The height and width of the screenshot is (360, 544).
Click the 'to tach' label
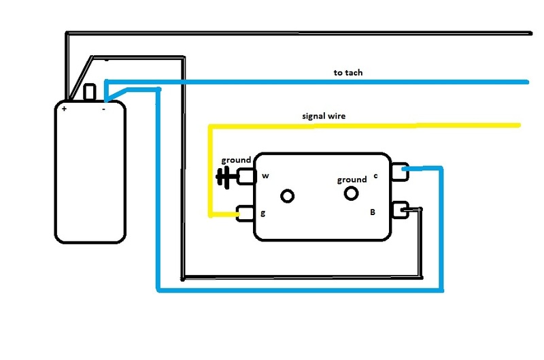[348, 73]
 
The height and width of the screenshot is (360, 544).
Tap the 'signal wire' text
[324, 116]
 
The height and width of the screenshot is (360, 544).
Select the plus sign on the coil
[64, 109]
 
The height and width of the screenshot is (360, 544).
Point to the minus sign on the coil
[104, 109]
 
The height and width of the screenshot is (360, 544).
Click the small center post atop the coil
[90, 92]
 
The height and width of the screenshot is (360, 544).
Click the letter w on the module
[265, 176]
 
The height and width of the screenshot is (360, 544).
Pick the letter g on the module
[263, 213]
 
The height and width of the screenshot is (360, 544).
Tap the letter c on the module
[375, 176]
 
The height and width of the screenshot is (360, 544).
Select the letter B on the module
[373, 212]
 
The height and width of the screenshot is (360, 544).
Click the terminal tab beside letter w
[246, 176]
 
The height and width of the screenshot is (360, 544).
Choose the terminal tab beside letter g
[245, 214]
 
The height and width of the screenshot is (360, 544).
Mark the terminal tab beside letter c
[400, 171]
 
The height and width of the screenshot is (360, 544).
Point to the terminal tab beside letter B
[400, 210]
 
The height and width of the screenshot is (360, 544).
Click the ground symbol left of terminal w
[226, 177]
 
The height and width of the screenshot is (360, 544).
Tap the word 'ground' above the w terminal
[236, 160]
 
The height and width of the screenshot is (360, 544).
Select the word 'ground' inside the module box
[352, 180]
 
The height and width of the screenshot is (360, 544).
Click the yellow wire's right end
[519, 125]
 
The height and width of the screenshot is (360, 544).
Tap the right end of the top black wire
[530, 33]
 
